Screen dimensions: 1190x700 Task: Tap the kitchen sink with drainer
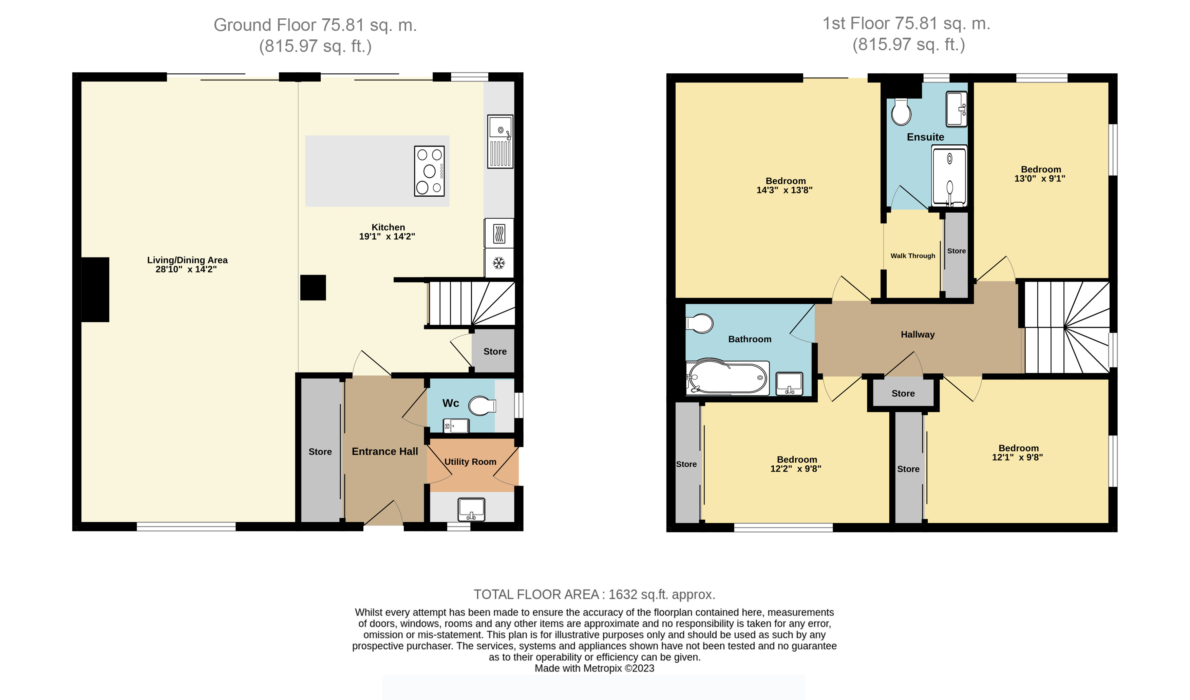(500, 141)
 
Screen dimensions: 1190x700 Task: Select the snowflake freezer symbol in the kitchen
(499, 263)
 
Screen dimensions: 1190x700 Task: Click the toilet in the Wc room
(482, 406)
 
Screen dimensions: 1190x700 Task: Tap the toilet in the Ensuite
(901, 112)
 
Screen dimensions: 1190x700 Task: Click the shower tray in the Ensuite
(949, 176)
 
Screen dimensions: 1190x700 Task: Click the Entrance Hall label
(385, 451)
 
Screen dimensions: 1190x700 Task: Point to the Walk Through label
(913, 256)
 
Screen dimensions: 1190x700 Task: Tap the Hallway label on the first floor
(918, 335)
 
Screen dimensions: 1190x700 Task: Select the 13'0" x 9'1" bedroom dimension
(1040, 179)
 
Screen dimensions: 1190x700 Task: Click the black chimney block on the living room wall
(95, 290)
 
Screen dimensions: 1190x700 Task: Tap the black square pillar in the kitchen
(313, 287)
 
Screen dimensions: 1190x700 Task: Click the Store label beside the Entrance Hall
(320, 452)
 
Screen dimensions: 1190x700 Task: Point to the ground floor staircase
(471, 303)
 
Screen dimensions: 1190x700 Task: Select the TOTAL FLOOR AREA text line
(594, 595)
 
